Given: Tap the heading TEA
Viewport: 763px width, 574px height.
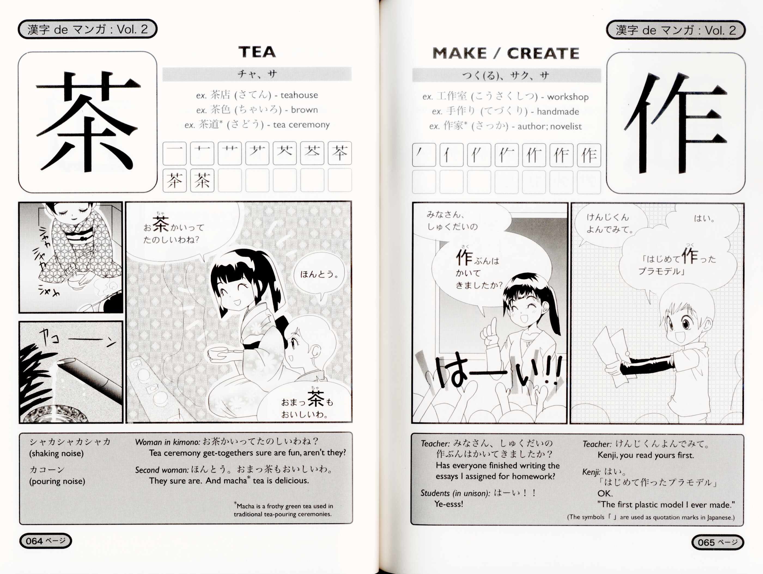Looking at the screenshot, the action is pos(257,52).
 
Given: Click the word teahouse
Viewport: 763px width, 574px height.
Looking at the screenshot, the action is pos(299,95).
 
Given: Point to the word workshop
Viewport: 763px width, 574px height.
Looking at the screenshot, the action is pos(568,97).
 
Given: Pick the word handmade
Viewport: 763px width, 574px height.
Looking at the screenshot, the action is pos(558,112).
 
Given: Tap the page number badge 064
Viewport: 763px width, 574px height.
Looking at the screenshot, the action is pos(45,541).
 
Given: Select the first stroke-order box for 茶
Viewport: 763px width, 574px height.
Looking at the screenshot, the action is pos(175,153).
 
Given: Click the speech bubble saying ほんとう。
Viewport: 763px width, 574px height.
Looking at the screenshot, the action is pos(319,276).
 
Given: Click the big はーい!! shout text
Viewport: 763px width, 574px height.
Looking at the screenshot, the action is pos(498,372).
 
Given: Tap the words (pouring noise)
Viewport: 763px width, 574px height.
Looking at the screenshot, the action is pos(57,481).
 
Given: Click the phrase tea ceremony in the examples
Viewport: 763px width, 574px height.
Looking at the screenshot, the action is pos(302,124).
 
